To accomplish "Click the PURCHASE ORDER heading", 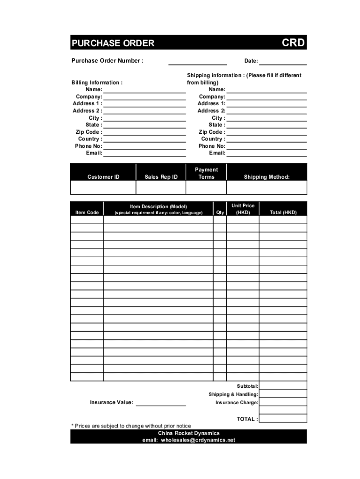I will pyautogui.click(x=113, y=44).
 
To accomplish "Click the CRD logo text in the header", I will pyautogui.click(x=293, y=43).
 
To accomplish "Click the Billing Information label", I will pyautogui.click(x=97, y=83).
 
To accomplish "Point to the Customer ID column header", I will pyautogui.click(x=103, y=177).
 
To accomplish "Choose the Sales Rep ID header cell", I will pyautogui.click(x=161, y=177).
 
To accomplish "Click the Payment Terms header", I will pyautogui.click(x=206, y=173).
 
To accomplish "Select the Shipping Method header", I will pyautogui.click(x=266, y=177).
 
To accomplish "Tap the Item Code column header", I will pyautogui.click(x=87, y=212).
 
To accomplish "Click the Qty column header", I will pyautogui.click(x=220, y=212).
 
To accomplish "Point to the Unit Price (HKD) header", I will pyautogui.click(x=243, y=209).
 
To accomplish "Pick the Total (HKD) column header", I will pyautogui.click(x=283, y=212).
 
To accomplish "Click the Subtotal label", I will pyautogui.click(x=247, y=386).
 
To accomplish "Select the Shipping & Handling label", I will pyautogui.click(x=233, y=394).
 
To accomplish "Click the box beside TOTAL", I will pyautogui.click(x=283, y=419).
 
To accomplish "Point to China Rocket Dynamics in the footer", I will pyautogui.click(x=189, y=433).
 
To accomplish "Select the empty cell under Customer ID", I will pyautogui.click(x=103, y=188).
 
